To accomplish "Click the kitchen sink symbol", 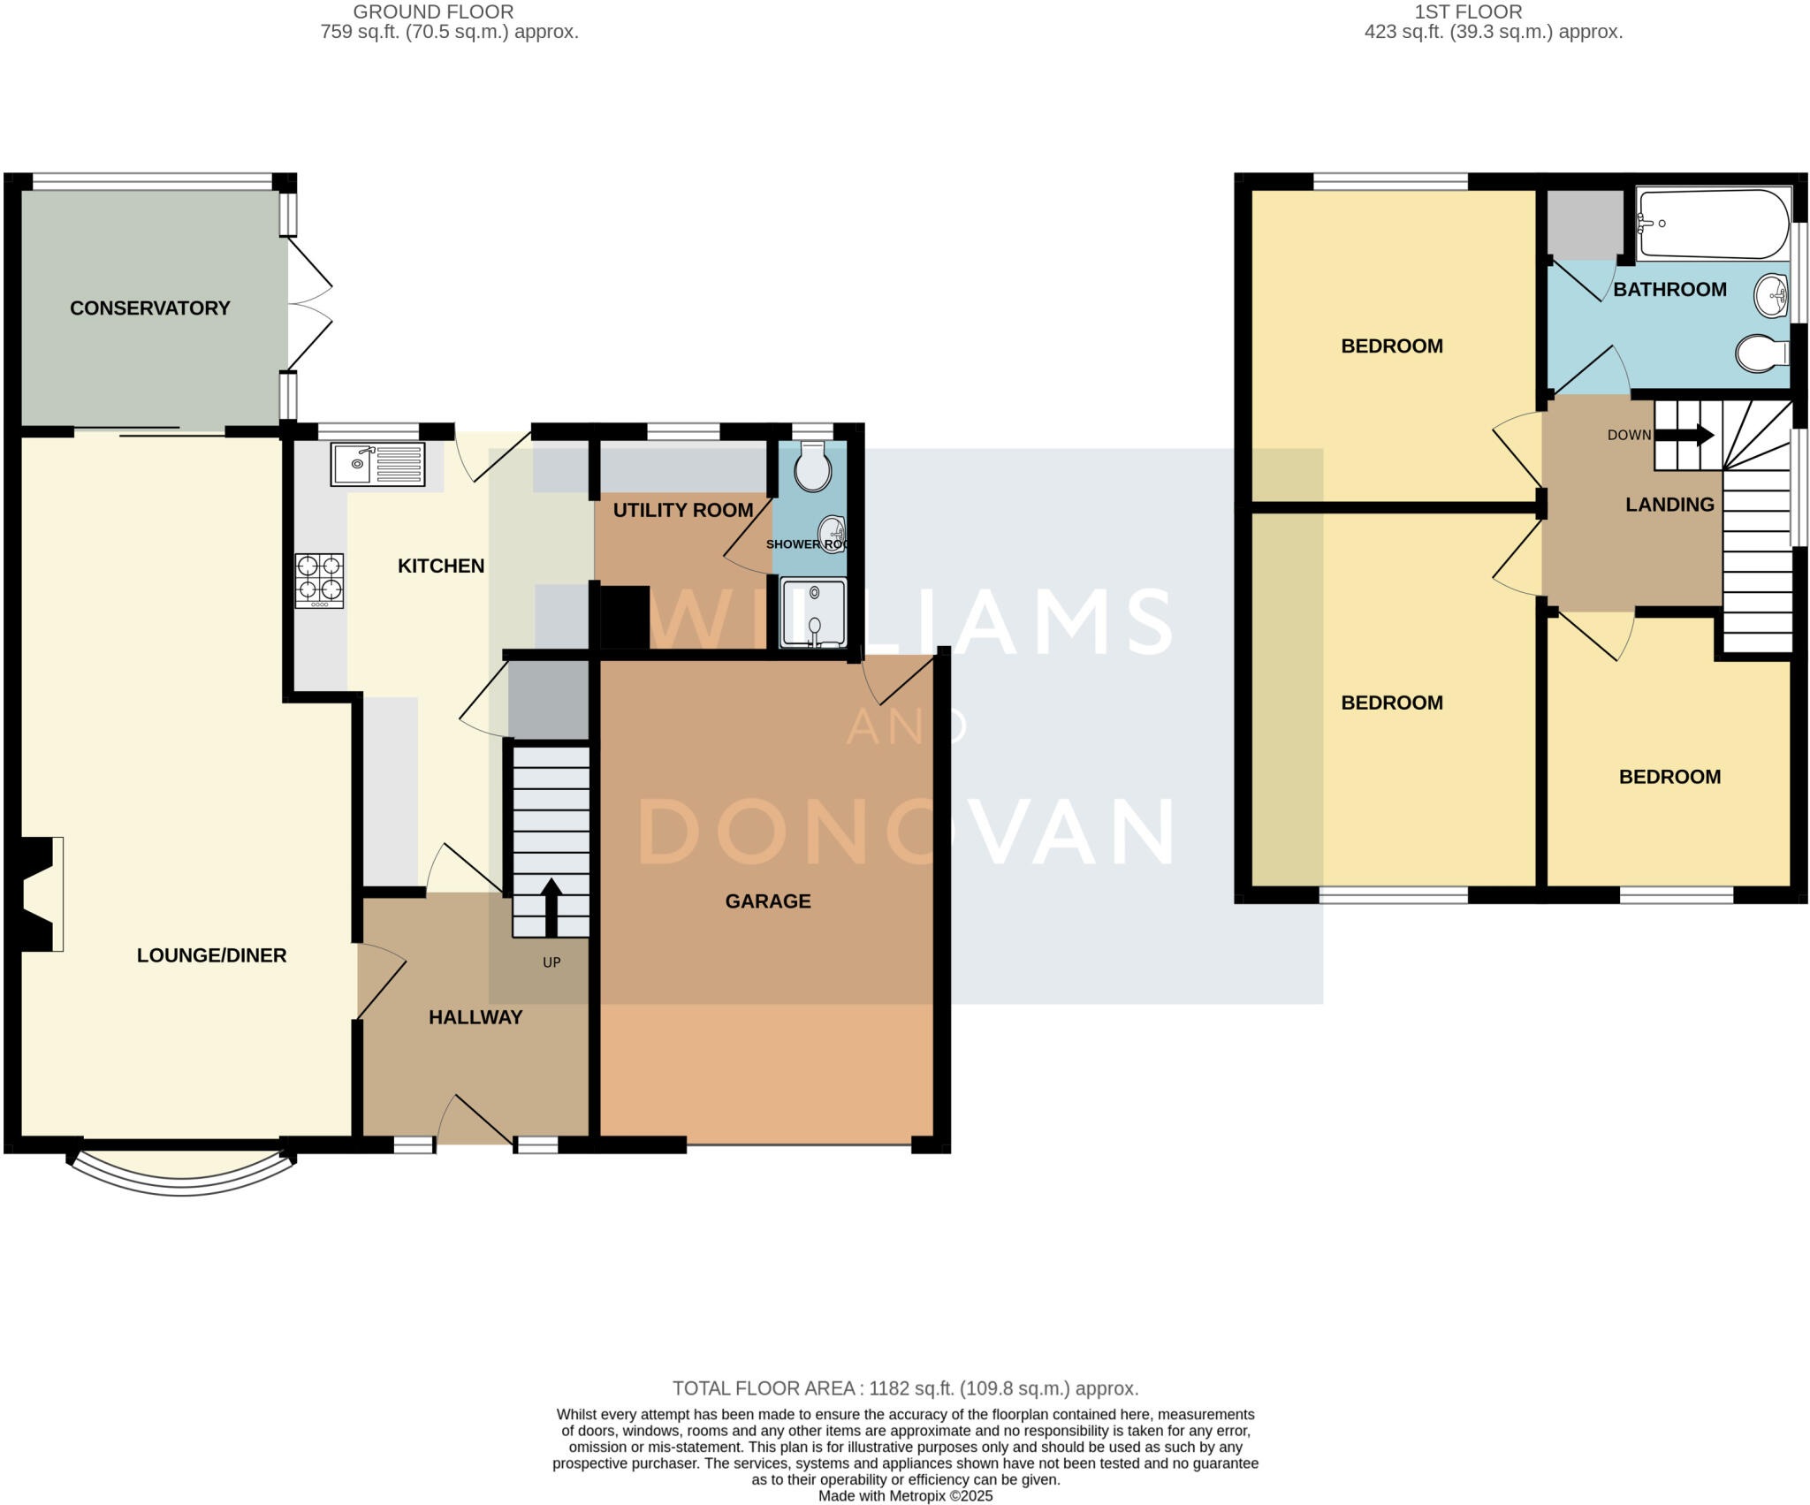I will pos(377,464).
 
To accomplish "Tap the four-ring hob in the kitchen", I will pos(319,580).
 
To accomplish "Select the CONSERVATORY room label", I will pos(150,308).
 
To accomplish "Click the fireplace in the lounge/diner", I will pos(38,893).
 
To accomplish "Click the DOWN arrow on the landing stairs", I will pos(1685,435).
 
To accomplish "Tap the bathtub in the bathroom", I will pos(1712,224).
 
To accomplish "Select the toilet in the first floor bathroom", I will pos(1761,353).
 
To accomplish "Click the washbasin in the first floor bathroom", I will pos(1771,295).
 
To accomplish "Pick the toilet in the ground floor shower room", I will pos(812,468).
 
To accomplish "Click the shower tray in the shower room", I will pos(813,612).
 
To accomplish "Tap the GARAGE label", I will pos(768,901).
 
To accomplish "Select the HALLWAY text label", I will pos(475,1017).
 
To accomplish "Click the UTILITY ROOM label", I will pos(683,510).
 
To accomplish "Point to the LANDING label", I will pos(1669,505).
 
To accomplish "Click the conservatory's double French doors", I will pos(309,305).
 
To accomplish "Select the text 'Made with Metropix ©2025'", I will pos(905,1496).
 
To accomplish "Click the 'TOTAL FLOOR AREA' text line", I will pos(905,1388).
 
